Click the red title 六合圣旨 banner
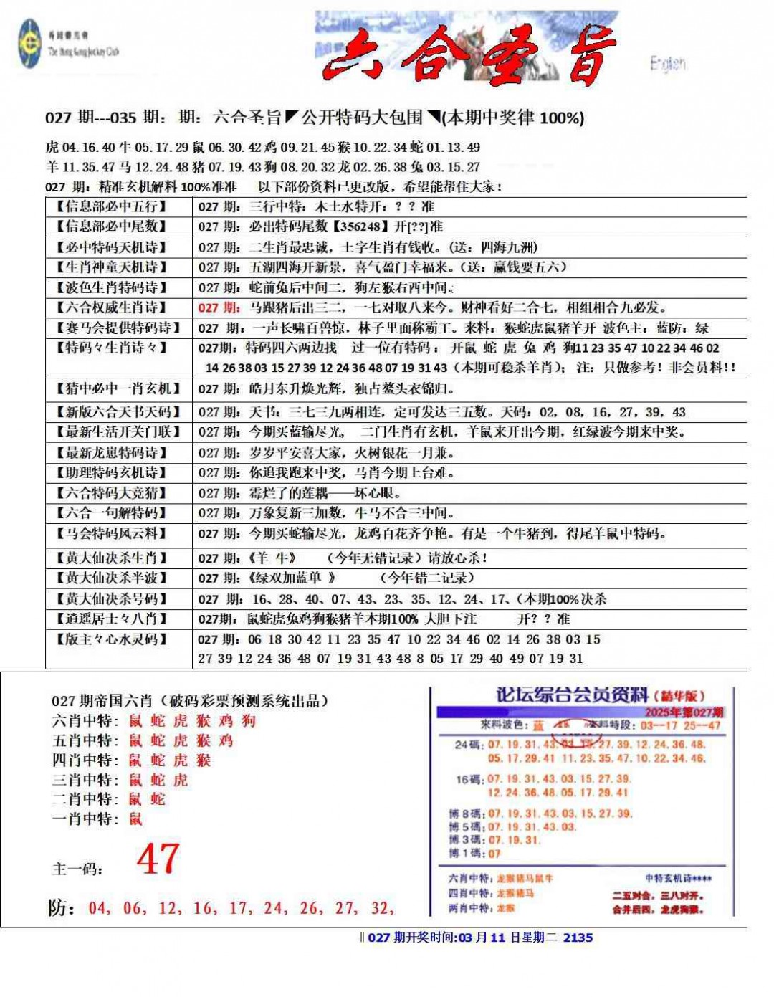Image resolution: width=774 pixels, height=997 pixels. pyautogui.click(x=469, y=56)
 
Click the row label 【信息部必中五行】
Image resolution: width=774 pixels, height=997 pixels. pyautogui.click(x=111, y=206)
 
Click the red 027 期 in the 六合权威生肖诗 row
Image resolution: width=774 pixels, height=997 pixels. pyautogui.click(x=219, y=307)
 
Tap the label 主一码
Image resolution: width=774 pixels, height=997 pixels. pyautogui.click(x=77, y=869)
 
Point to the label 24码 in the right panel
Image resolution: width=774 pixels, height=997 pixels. pyautogui.click(x=469, y=745)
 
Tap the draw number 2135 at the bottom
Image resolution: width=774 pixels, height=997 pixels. pyautogui.click(x=578, y=937)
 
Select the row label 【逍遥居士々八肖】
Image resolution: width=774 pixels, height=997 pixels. pyautogui.click(x=111, y=619)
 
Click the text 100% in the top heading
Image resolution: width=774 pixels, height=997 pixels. pyautogui.click(x=560, y=118)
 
